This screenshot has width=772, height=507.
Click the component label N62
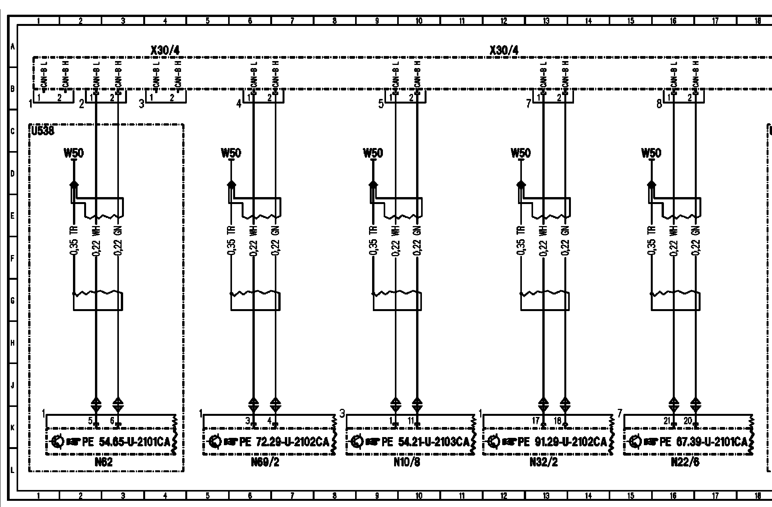103,462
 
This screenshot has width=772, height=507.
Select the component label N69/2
265,462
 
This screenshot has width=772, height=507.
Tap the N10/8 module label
406,462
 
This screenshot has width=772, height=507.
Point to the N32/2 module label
543,462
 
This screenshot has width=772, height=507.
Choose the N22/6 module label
685,462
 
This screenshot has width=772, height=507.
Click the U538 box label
42,131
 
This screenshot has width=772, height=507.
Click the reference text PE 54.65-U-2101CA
126,442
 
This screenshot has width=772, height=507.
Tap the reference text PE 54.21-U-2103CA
425,442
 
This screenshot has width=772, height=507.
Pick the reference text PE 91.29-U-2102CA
562,442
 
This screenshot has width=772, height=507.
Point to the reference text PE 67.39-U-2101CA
704,442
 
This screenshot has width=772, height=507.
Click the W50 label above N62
73,153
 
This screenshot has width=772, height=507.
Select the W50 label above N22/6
651,153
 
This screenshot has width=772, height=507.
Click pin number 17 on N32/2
535,421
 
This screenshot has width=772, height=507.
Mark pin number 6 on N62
112,421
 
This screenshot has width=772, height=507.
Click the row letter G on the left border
12,300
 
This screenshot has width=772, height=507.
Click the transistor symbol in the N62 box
57,441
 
